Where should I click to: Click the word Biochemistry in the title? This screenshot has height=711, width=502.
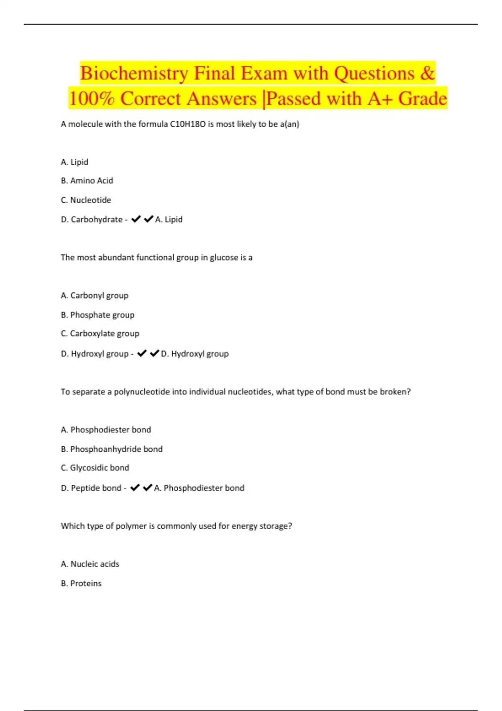pos(134,74)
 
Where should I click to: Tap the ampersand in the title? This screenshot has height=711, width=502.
pos(427,73)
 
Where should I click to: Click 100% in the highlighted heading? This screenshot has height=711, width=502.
pos(92,99)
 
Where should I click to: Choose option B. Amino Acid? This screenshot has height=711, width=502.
pos(87,181)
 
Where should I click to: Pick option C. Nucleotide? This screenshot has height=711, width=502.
pos(86,200)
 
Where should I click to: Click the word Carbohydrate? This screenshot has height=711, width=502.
pos(97,220)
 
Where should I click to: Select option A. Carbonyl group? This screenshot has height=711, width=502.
pos(95,296)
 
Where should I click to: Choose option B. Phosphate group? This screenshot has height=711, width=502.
pos(97,315)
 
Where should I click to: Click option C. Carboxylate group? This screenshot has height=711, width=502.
pos(100,334)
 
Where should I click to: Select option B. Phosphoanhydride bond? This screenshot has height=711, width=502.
pos(112,449)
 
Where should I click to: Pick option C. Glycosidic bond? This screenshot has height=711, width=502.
pos(95,468)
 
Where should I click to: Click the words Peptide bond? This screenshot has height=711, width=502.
pos(96,488)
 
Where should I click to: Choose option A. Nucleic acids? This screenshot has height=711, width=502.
pos(90,564)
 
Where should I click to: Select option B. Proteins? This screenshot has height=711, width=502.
pos(81,583)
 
